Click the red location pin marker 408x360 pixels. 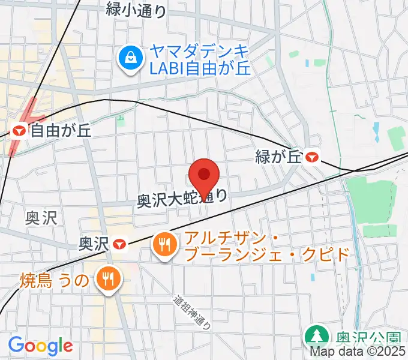tap(204, 175)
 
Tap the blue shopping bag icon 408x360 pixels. tap(129, 59)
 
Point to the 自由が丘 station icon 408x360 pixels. tap(19, 130)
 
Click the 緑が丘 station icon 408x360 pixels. tap(312, 157)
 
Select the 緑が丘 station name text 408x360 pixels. tap(277, 157)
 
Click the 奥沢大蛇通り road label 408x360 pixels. tap(182, 198)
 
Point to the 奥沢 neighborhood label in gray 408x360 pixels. tap(41, 217)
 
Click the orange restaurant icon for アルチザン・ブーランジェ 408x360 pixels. tap(164, 243)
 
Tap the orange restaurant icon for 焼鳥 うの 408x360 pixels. tap(109, 278)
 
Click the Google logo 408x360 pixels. tap(40, 346)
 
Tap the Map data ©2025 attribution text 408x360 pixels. tap(358, 352)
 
